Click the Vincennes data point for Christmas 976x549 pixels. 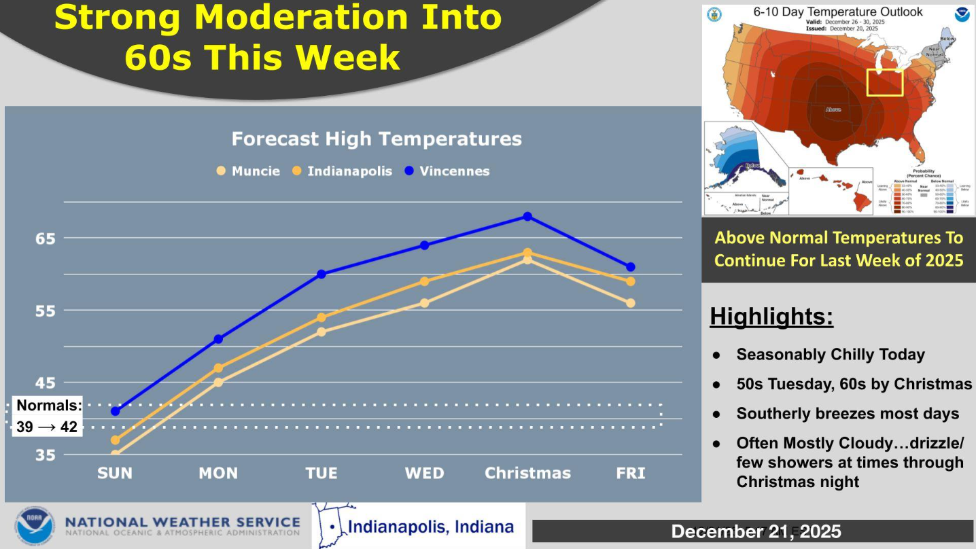(527, 217)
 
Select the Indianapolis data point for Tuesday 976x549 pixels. (321, 317)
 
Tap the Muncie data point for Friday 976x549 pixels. (631, 303)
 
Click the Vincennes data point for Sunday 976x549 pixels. (116, 411)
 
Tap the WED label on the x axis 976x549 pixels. (424, 473)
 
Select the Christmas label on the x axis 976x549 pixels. (527, 473)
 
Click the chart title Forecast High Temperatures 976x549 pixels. (377, 139)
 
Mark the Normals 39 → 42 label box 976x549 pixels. (48, 417)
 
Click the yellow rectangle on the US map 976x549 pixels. (884, 82)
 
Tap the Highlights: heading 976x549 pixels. (771, 317)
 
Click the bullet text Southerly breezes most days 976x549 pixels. (848, 414)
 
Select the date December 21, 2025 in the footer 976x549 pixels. (756, 531)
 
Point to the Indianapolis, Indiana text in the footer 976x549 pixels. (430, 527)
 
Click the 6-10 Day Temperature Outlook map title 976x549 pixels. (837, 12)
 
